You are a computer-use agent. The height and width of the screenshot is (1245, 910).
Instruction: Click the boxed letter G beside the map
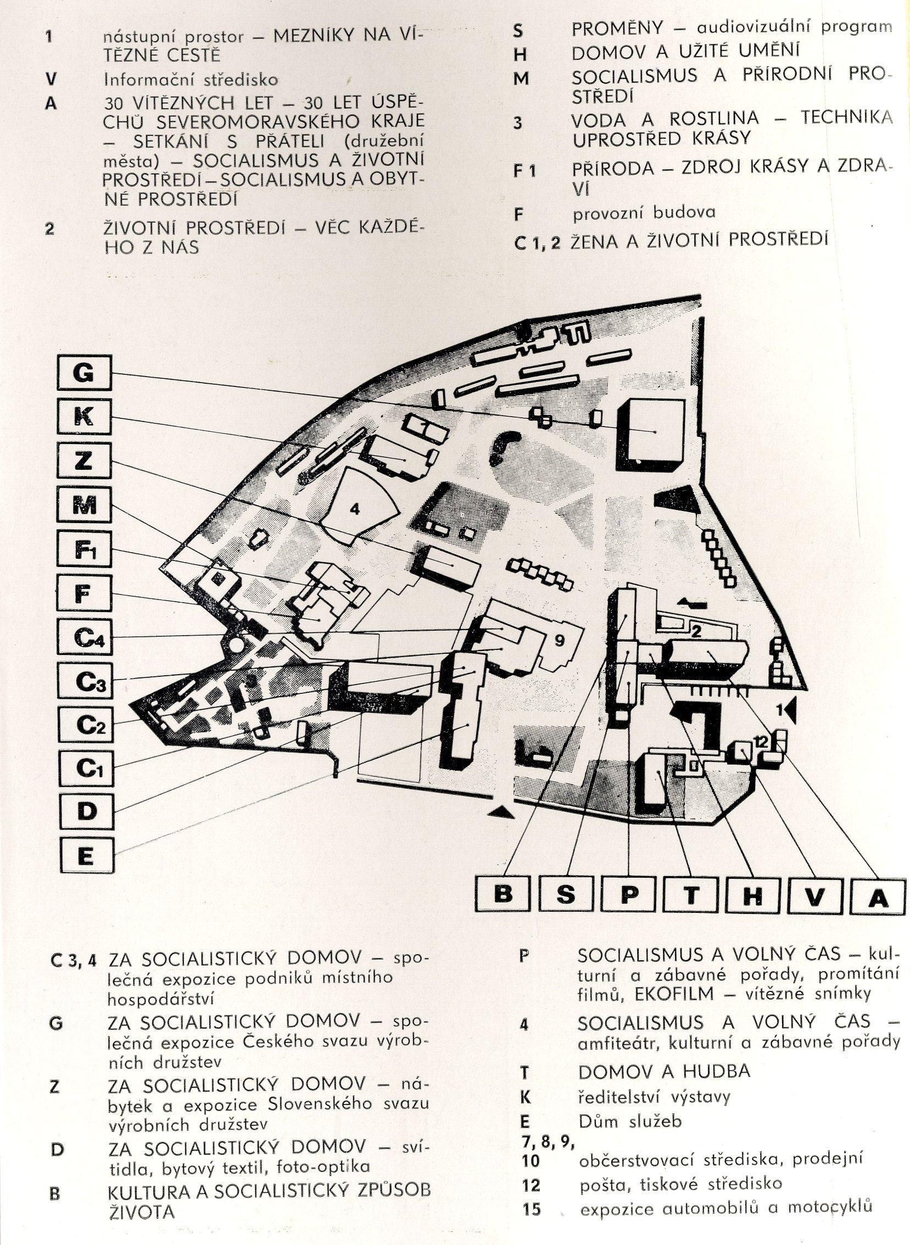[84, 373]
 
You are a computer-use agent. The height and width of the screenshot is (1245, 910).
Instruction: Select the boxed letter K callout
[84, 417]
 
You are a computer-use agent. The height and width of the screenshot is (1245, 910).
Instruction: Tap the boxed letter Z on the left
[84, 462]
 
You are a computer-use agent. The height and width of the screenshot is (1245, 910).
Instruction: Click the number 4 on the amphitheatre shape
[355, 509]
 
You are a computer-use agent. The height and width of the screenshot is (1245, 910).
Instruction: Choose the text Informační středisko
[191, 80]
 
